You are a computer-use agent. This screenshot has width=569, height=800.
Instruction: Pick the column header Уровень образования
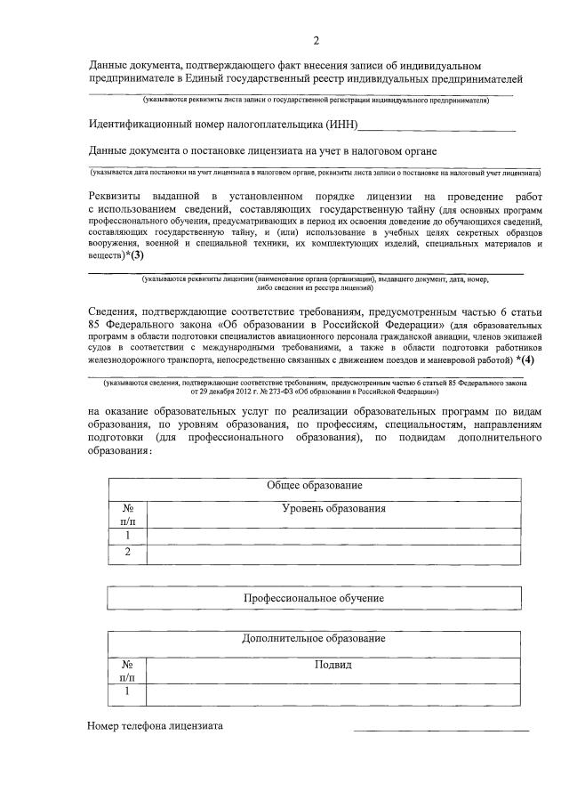(x=333, y=508)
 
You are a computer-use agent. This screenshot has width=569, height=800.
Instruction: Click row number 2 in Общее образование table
(x=128, y=553)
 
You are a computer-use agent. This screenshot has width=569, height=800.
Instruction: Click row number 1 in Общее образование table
(x=128, y=535)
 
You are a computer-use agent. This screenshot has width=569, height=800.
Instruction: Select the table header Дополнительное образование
(x=314, y=640)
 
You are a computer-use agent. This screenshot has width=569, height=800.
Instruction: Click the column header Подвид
(x=333, y=665)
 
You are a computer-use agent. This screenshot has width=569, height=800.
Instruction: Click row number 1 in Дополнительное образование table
(x=128, y=691)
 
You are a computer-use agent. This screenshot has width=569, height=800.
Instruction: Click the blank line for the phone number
(x=441, y=728)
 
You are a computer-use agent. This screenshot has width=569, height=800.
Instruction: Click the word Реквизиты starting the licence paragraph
(x=119, y=195)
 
